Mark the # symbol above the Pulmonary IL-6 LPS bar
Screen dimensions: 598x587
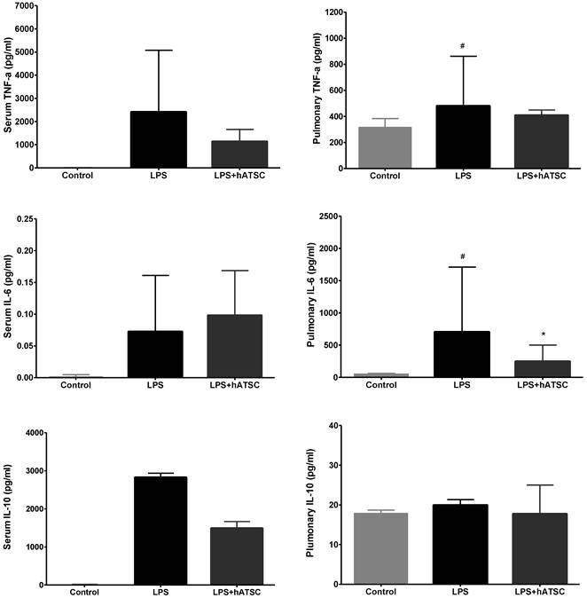point(463,257)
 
